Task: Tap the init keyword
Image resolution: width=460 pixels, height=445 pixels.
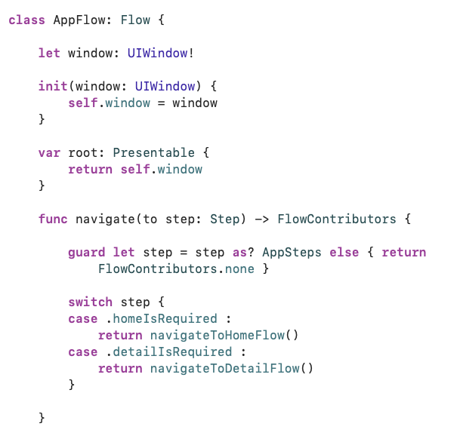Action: tap(53, 87)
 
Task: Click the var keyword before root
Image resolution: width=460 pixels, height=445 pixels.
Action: tap(49, 153)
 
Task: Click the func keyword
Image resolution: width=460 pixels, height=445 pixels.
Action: tap(53, 219)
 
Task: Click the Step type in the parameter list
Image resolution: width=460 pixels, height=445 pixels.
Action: tap(224, 219)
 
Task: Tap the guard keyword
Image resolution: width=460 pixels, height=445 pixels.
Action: tap(87, 253)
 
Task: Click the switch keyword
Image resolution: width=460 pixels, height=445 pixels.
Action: tap(90, 302)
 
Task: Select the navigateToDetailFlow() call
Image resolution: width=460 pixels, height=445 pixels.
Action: tap(231, 369)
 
